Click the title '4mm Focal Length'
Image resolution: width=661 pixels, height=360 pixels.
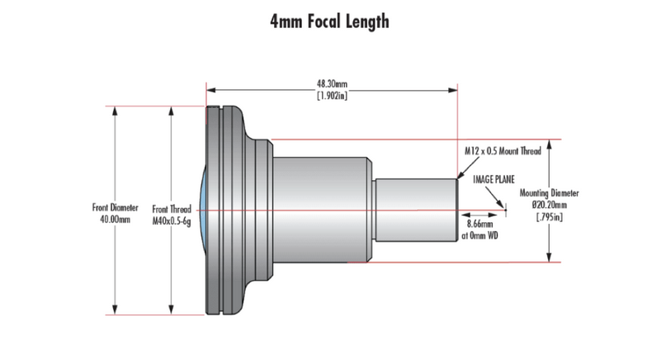coord(330,21)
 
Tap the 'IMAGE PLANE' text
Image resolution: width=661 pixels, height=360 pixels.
coord(492,178)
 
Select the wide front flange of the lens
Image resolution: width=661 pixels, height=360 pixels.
coord(224,211)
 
